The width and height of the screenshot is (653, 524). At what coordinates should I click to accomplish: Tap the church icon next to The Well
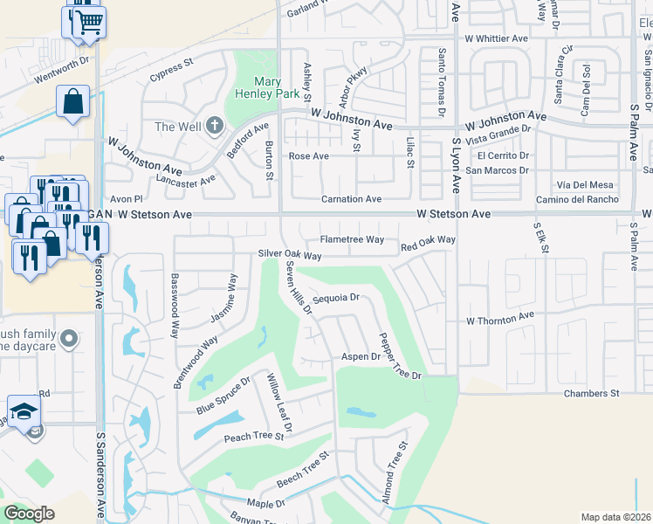coord(215,127)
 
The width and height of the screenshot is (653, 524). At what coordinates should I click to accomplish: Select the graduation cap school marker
coord(24,410)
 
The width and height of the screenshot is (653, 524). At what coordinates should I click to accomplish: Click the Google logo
coord(30,514)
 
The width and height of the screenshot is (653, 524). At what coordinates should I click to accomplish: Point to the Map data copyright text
coord(615,517)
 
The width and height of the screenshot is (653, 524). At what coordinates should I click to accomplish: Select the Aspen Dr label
coord(361,356)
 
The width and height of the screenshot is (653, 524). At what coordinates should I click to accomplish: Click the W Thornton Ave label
coord(499,321)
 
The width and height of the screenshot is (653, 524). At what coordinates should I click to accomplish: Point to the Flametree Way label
coord(352,239)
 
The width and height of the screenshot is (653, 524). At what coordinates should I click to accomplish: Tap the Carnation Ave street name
coord(351,199)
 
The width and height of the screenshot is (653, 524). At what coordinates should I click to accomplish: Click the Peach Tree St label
coord(254,436)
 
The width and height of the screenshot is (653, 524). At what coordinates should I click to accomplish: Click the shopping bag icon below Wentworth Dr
coord(73,100)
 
